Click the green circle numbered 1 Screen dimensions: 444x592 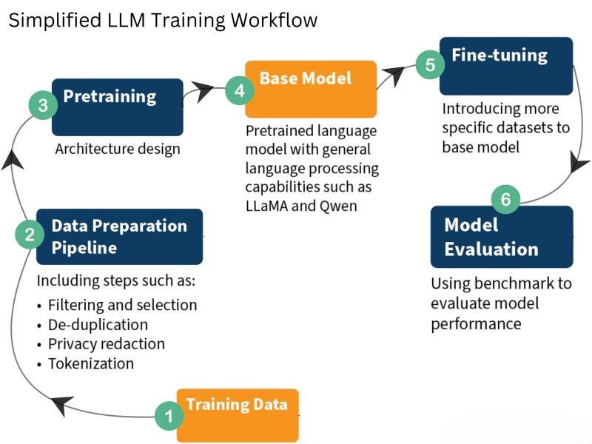pyautogui.click(x=169, y=417)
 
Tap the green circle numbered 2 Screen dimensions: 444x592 pyautogui.click(x=30, y=235)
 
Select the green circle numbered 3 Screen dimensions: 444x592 pyautogui.click(x=43, y=105)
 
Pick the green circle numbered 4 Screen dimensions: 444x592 pyautogui.click(x=239, y=90)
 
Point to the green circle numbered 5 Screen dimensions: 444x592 pyautogui.click(x=430, y=64)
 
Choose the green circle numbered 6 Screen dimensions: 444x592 pyautogui.click(x=505, y=199)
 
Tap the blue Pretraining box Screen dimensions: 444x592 pyautogui.click(x=118, y=106)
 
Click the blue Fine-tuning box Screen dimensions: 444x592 pyautogui.click(x=506, y=66)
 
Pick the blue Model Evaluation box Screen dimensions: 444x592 pyautogui.click(x=502, y=237)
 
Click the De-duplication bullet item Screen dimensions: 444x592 pyautogui.click(x=98, y=325)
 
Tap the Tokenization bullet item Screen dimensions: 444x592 pyautogui.click(x=90, y=363)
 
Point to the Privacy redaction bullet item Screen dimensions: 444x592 pyautogui.click(x=106, y=344)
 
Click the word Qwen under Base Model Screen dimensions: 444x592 pyautogui.click(x=339, y=206)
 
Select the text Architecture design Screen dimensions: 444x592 pyautogui.click(x=118, y=149)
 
